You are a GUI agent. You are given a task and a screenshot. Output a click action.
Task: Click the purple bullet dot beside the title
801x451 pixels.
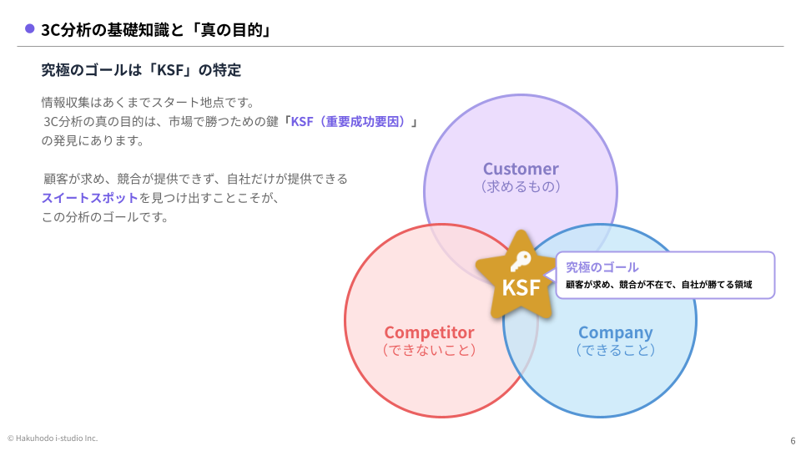(x=30, y=29)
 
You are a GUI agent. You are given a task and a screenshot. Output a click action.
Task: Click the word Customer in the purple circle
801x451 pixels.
(x=521, y=169)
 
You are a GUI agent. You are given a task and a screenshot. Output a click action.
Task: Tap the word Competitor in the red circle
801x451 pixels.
(x=429, y=332)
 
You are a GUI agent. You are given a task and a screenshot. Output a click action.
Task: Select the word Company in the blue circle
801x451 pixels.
(x=615, y=333)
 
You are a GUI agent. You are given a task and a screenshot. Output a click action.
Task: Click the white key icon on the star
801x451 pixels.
(x=521, y=261)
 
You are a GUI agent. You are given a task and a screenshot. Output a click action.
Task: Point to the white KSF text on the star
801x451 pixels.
(x=521, y=288)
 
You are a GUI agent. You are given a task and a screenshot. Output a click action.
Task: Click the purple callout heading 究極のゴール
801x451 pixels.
(x=602, y=267)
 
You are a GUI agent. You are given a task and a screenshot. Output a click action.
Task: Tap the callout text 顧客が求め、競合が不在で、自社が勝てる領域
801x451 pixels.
(x=658, y=284)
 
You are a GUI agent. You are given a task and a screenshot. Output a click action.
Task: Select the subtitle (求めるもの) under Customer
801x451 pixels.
(x=521, y=186)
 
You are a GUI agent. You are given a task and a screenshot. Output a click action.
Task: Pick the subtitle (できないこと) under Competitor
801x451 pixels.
(x=429, y=350)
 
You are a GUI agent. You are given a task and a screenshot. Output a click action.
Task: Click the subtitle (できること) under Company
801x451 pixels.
(x=615, y=350)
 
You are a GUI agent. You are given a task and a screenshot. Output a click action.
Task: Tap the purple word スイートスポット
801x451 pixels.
(x=90, y=198)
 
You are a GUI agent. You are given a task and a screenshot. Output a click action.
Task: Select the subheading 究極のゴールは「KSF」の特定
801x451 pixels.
(x=141, y=69)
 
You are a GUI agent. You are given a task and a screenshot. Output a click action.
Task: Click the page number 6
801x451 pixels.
(x=793, y=441)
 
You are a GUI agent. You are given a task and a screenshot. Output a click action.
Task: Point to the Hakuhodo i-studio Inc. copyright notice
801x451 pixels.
(x=52, y=438)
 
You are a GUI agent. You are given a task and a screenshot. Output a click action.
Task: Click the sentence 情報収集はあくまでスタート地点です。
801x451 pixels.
(x=149, y=102)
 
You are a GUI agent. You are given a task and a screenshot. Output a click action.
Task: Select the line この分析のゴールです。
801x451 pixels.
(x=105, y=217)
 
